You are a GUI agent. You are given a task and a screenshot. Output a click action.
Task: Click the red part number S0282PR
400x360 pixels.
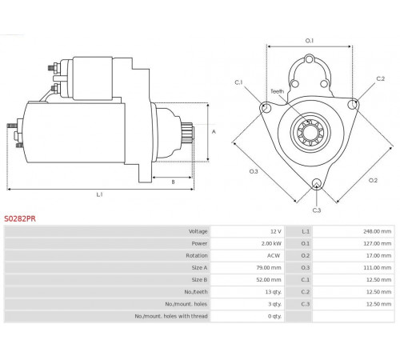pos(20,218)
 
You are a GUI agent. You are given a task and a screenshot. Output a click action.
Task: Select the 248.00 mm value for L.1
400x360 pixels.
pos(377,231)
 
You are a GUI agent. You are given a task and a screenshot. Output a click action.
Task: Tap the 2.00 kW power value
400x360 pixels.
pos(271,243)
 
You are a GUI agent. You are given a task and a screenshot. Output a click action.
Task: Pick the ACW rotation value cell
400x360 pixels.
pos(274,255)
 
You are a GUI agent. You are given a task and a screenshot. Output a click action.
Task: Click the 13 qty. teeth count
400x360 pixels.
pos(274,292)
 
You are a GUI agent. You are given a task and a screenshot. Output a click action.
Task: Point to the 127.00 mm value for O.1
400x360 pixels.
pos(377,243)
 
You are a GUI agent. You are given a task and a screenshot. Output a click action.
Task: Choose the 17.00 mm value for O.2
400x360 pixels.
pos(378,255)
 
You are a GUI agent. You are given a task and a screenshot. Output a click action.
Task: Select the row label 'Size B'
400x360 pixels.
pos(199,280)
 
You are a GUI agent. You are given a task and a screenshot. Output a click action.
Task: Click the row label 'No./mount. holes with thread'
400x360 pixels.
pos(171,316)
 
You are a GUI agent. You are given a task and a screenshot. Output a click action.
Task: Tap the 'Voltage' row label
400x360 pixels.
pos(198,231)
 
